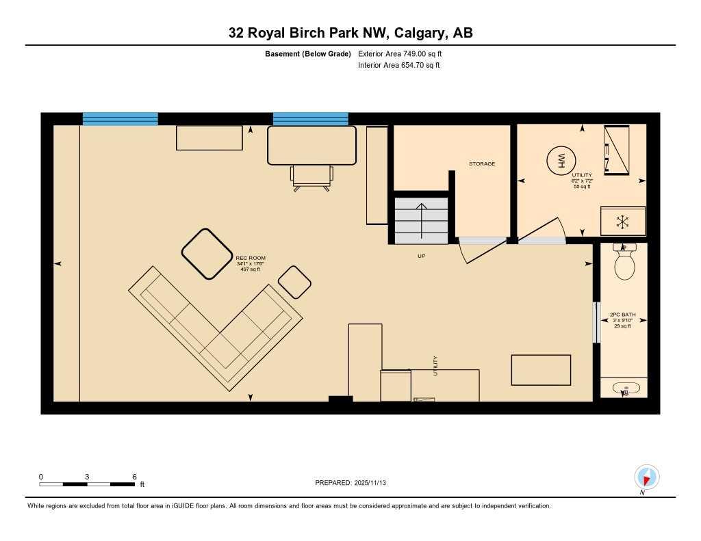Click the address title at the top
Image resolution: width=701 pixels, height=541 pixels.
(350, 33)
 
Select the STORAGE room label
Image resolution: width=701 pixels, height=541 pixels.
(481, 164)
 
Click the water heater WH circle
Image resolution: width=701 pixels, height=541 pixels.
(560, 161)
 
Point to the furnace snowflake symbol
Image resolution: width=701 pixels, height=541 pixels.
(622, 221)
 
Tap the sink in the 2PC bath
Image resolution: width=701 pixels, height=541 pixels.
(624, 389)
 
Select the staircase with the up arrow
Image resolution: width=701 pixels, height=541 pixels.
(422, 219)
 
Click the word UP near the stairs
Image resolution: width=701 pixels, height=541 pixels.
(422, 256)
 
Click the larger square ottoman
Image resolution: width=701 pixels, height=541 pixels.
(207, 254)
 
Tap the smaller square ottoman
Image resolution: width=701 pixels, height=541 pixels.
(295, 282)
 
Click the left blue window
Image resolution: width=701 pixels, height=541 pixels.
(120, 119)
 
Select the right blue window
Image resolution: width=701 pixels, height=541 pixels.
(310, 119)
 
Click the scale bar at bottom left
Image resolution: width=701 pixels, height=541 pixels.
(87, 484)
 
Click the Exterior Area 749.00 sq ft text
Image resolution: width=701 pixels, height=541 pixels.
(400, 53)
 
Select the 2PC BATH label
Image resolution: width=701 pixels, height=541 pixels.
(623, 315)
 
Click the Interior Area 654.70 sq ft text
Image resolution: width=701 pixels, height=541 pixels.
(398, 66)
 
